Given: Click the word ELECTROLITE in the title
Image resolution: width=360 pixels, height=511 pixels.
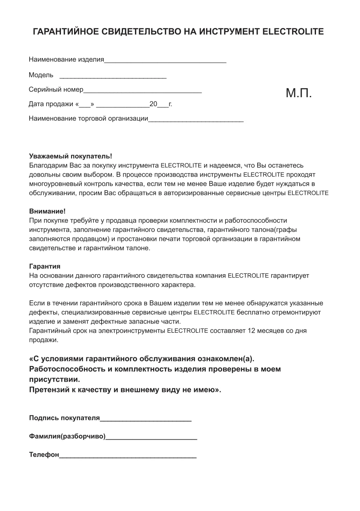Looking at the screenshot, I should (293, 32).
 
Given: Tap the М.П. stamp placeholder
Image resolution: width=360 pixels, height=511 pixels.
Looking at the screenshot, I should (299, 93).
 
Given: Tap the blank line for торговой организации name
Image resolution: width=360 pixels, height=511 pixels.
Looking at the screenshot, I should (196, 121).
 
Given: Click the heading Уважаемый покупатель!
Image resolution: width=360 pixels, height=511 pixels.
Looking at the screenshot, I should (70, 156).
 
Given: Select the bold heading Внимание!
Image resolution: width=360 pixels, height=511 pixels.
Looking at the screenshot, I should (47, 212).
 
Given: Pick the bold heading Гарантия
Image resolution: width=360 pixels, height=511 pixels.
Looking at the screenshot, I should (45, 266).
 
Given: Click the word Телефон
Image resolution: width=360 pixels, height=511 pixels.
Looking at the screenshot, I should (44, 455).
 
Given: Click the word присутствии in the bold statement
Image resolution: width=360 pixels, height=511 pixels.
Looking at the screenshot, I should (54, 379).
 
